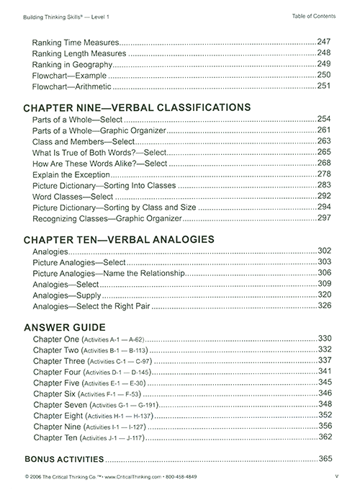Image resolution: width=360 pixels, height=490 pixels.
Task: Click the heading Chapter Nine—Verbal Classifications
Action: click(x=132, y=107)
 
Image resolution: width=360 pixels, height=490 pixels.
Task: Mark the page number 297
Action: click(x=324, y=217)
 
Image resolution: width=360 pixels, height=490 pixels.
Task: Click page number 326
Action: click(x=324, y=306)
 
